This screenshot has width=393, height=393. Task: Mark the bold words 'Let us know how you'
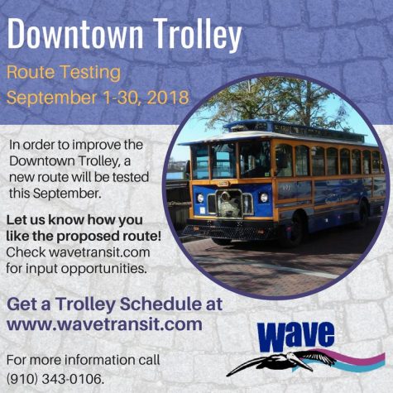(x=74, y=223)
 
